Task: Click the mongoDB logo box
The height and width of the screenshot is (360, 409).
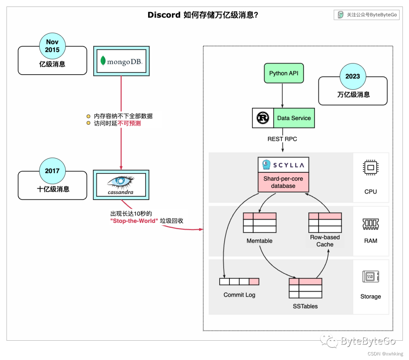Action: coord(121,60)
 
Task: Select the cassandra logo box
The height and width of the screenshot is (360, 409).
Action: coord(121,185)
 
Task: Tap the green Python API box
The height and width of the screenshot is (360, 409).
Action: coord(284,73)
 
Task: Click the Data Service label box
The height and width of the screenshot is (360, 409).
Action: coord(294,118)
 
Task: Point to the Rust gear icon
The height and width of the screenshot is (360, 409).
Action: coord(262,118)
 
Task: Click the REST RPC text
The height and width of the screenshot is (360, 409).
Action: coord(282,139)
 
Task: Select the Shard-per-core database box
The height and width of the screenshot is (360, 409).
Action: coord(283,182)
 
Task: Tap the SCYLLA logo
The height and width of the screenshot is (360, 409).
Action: coord(283,165)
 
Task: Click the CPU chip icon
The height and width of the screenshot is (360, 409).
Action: coord(370,167)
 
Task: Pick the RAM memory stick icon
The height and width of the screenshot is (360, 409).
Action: coord(370,224)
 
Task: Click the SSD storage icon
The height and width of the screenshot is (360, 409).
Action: coord(370,277)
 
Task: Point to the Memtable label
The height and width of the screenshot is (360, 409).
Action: coord(259,241)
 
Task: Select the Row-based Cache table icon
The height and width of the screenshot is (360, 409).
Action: coord(325,222)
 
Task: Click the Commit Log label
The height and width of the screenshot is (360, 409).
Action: coord(239,295)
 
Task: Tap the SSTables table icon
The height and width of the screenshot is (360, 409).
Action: coord(305,288)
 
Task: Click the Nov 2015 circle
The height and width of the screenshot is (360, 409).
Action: coord(52,46)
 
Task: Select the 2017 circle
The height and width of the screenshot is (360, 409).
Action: coord(52,171)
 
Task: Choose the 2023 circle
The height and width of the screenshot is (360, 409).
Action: coord(353,76)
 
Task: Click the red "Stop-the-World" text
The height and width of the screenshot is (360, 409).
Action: coord(134,221)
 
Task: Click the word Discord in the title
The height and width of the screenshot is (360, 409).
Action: coord(164,15)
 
